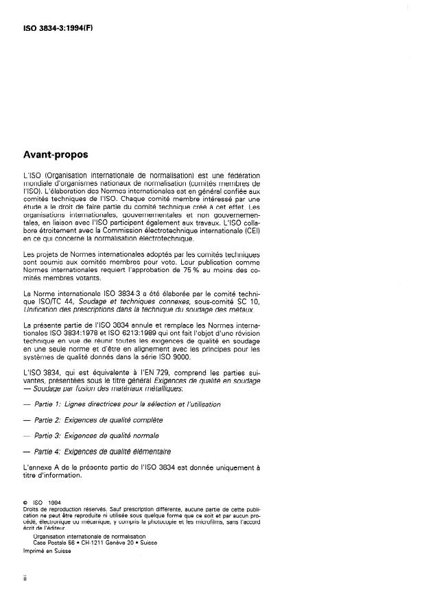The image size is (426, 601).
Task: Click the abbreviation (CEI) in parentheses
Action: pyautogui.click(x=251, y=230)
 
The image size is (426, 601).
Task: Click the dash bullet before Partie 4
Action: pyautogui.click(x=27, y=452)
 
